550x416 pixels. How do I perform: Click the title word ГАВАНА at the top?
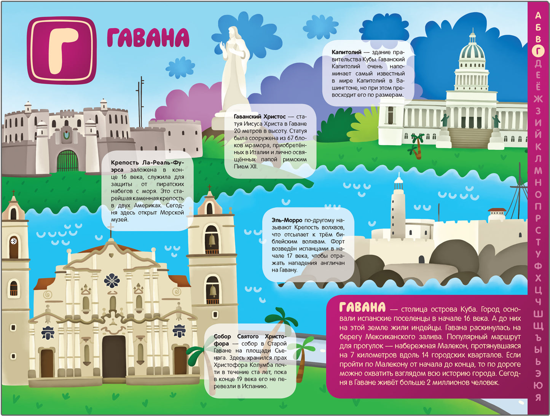148,38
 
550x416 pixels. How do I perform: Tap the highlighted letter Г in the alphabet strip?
538,51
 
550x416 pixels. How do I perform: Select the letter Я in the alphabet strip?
538,398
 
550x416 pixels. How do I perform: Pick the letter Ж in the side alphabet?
538,99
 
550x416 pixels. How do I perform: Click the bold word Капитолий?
346,52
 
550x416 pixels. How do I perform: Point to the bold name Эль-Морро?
287,220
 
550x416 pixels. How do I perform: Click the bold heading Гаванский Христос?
260,116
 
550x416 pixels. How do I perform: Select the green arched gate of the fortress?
67,161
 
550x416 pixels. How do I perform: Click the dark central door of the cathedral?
114,355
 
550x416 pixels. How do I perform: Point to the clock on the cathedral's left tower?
14,241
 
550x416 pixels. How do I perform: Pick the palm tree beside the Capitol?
418,145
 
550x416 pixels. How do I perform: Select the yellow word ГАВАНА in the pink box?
362,308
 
